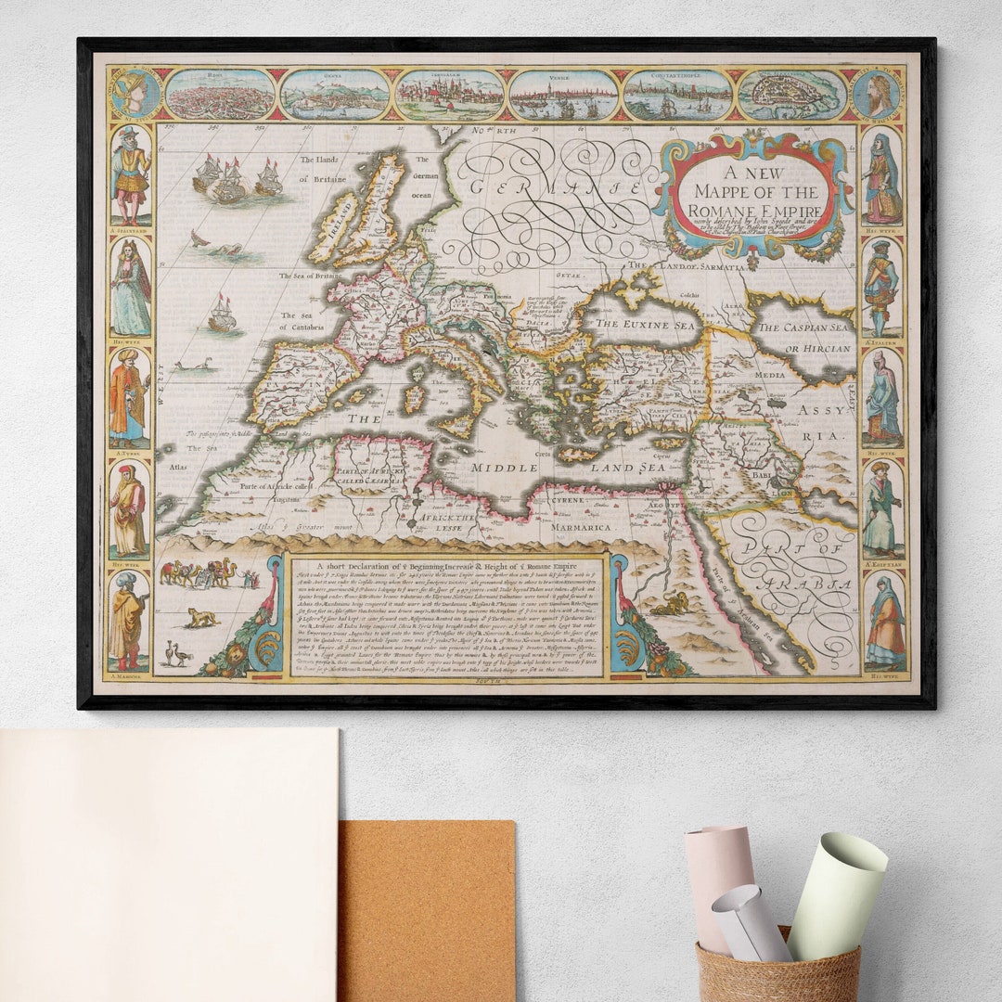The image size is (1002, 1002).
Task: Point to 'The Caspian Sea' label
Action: tap(802, 328)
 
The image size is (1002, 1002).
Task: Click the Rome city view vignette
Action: tap(220, 96)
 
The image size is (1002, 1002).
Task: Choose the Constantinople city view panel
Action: tap(677, 96)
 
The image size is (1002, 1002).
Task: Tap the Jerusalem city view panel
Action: tap(449, 96)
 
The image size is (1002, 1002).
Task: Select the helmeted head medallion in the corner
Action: tap(136, 94)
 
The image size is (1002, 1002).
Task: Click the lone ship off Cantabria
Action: tap(222, 315)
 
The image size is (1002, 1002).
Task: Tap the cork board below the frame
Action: tap(426, 910)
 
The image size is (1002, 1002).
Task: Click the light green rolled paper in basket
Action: tap(836, 894)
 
